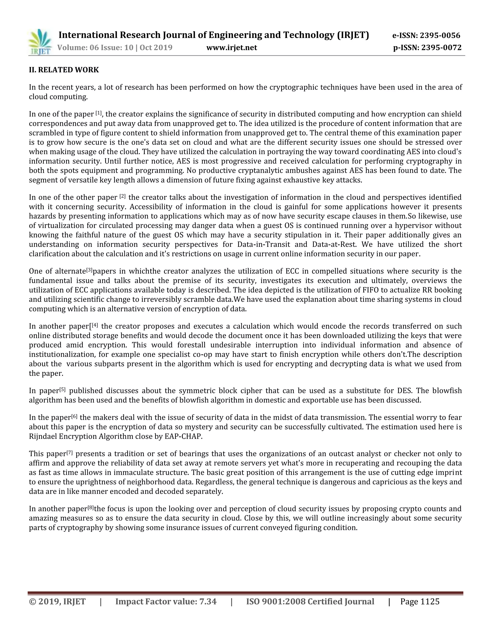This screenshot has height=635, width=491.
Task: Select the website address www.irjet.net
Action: (x=232, y=47)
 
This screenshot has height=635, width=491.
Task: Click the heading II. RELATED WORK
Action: (x=64, y=70)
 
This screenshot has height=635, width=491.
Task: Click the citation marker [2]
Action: (x=123, y=196)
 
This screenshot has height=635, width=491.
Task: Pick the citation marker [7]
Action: (x=70, y=452)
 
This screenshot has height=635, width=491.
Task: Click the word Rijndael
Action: (x=44, y=436)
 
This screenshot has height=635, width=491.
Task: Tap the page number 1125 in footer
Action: (x=430, y=601)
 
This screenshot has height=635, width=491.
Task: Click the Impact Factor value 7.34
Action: (x=208, y=601)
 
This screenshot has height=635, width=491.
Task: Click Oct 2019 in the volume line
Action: (x=156, y=47)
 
